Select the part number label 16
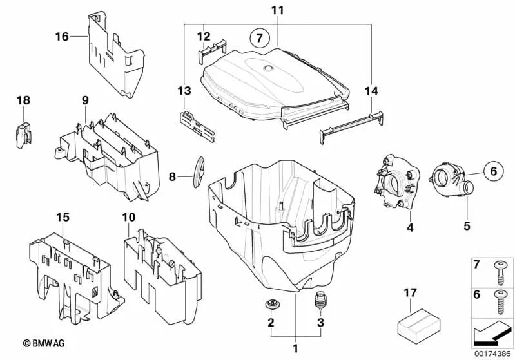[x=61, y=36]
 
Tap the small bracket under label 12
[x=214, y=49]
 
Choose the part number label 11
[x=277, y=11]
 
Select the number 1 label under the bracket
[x=296, y=348]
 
